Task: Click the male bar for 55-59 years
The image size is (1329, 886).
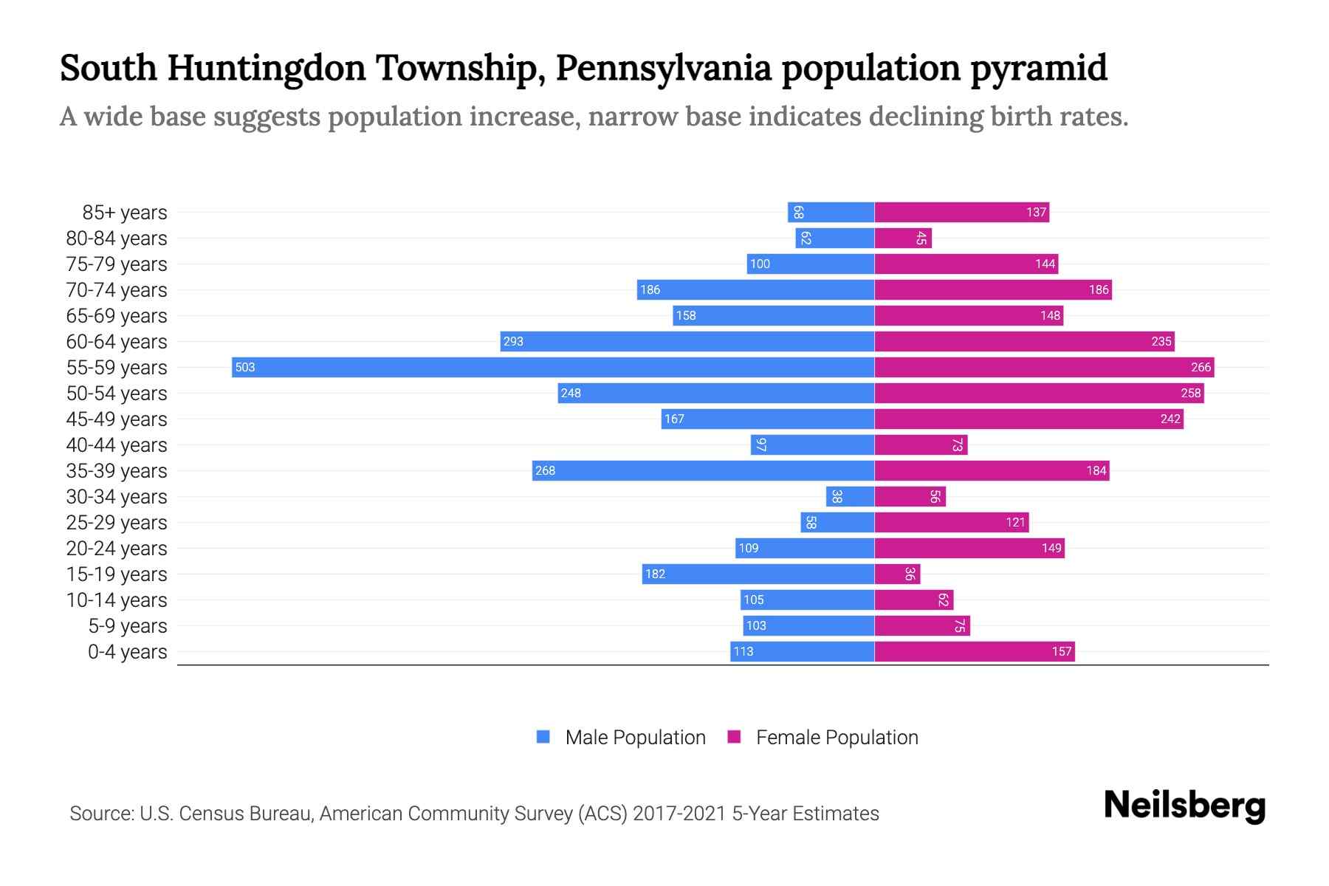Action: coord(552,367)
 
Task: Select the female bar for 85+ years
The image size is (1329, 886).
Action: coord(961,213)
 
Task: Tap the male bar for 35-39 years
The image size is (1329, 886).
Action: coord(703,470)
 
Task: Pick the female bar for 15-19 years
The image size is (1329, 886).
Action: coord(897,574)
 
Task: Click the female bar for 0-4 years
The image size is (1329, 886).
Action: coord(975,651)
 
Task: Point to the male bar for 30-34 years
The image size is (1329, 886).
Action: coord(850,496)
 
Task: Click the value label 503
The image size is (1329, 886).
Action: coord(245,367)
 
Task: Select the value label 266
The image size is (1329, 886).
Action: coord(1201,367)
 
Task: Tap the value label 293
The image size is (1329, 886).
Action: coord(513,341)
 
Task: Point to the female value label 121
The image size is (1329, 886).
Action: coord(1015,522)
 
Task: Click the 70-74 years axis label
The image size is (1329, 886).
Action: coord(117,290)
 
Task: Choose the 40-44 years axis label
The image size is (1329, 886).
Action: coord(117,445)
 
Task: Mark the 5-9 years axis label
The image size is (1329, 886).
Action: coord(128,626)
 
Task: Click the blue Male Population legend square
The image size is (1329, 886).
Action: coord(543,737)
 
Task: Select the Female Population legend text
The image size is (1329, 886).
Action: coord(837,737)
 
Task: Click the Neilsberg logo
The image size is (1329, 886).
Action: coord(1184,806)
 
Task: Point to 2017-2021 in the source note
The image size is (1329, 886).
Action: coord(679,814)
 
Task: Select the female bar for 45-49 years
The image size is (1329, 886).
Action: coord(1028,419)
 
